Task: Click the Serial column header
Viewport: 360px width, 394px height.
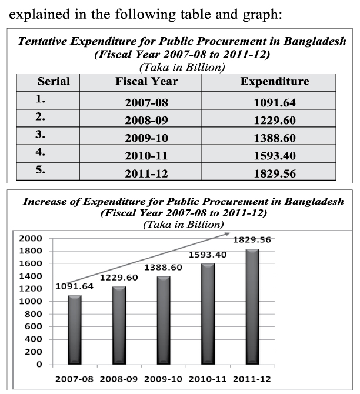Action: pos(54,82)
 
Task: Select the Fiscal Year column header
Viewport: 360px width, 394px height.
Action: pos(146,82)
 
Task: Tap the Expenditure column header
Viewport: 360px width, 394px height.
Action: pos(274,82)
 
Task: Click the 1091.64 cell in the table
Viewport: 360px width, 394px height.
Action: pos(274,103)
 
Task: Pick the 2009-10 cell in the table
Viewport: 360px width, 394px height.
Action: pos(146,139)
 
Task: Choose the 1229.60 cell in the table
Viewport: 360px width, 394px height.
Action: pos(274,121)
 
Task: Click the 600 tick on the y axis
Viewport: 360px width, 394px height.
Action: pos(35,326)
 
